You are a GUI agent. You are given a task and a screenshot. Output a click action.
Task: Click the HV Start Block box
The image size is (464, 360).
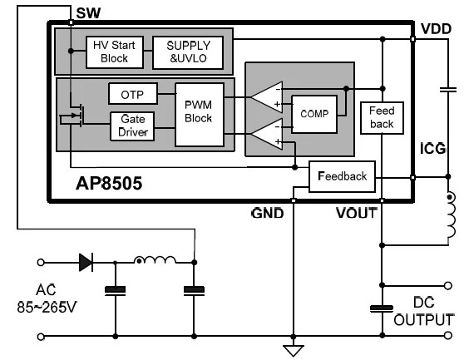115,52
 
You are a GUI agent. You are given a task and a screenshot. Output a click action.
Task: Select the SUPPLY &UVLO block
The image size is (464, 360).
188,52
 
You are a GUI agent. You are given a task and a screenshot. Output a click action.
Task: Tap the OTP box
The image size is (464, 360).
133,94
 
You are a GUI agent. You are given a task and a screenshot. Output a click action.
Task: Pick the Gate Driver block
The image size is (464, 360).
132,126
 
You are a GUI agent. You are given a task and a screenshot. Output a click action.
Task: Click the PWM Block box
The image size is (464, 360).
200,115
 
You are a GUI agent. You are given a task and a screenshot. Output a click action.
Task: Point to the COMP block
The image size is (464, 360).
314,114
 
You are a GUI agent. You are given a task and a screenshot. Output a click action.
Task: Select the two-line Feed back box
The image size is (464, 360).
382,118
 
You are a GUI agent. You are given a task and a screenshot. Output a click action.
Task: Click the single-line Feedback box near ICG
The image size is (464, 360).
342,176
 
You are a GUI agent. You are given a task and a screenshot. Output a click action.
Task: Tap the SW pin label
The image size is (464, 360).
88,13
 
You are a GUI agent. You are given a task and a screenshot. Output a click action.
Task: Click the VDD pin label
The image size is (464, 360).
436,29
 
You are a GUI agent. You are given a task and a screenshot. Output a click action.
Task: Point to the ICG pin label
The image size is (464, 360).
433,149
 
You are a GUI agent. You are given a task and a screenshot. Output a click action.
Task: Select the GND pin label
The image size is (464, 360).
268,213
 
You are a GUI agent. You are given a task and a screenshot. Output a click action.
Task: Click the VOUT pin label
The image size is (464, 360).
357,213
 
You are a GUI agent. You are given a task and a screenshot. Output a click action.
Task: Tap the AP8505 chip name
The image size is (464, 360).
109,184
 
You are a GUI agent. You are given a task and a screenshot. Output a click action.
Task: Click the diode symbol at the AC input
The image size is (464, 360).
86,262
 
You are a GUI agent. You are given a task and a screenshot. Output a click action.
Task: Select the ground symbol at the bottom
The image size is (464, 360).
294,350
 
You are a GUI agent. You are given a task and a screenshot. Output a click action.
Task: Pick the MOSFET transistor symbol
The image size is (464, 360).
72,115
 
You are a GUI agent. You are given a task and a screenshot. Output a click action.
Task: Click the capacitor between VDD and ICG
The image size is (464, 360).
448,89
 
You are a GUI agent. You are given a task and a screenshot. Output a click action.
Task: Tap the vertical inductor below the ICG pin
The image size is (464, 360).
451,215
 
